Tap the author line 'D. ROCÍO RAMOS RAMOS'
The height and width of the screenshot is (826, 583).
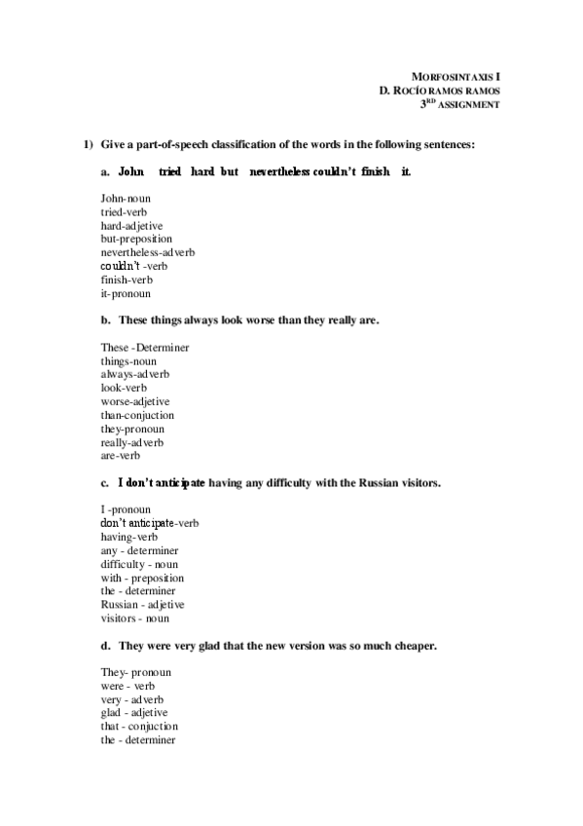440,90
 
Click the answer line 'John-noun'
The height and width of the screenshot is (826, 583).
126,199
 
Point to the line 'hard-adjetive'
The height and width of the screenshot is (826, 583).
131,225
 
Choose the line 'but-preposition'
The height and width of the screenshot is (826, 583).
136,239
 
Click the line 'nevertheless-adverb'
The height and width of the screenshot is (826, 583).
148,252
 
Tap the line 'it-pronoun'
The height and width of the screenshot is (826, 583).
126,293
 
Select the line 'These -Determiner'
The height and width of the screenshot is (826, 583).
144,347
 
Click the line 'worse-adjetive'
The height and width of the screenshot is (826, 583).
135,401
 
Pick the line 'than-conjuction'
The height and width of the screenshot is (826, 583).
137,415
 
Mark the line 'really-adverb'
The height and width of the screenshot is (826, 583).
132,442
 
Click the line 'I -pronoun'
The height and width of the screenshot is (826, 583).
126,509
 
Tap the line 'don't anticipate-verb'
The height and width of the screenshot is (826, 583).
150,523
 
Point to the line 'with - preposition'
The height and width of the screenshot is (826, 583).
142,578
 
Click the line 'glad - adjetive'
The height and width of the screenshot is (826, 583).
134,712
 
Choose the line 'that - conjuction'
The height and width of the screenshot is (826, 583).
139,726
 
